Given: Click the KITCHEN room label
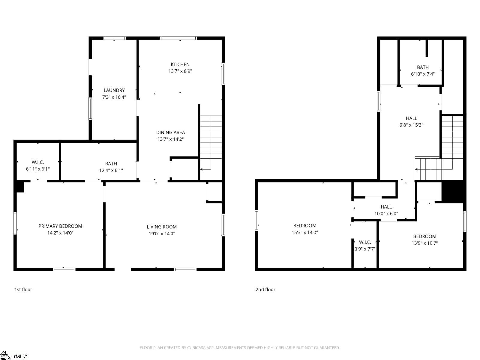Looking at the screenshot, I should (x=180, y=64).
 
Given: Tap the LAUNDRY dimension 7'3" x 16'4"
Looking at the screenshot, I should (x=114, y=97).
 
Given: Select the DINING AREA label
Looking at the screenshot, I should (x=170, y=132).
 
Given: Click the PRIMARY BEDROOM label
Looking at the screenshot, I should (x=60, y=226).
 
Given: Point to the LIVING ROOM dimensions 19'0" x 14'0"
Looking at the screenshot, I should (x=162, y=233).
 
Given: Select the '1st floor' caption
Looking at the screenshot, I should (x=23, y=289).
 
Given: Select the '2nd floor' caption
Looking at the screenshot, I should (x=265, y=289).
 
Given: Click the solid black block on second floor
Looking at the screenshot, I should (x=453, y=191).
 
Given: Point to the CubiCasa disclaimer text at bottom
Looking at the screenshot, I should (x=240, y=348).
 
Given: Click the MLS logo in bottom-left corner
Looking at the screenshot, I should (x=13, y=356).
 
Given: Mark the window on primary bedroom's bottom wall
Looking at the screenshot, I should (x=64, y=269).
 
